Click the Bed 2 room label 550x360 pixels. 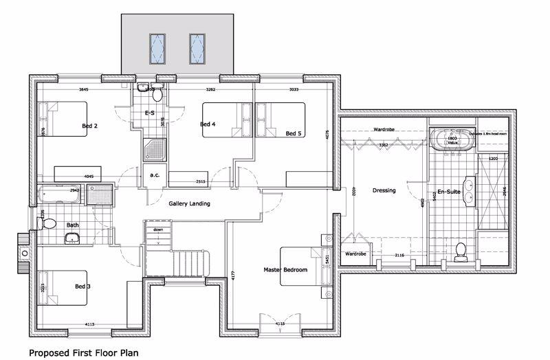click(90, 126)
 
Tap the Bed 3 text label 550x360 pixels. click(82, 285)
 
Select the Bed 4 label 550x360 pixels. click(208, 124)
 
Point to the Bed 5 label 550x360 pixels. click(294, 133)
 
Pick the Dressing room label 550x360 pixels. click(384, 190)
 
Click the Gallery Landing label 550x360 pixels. click(189, 204)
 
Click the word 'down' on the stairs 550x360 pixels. click(158, 230)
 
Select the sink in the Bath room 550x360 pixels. click(73, 238)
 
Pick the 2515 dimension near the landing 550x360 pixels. click(181, 181)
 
